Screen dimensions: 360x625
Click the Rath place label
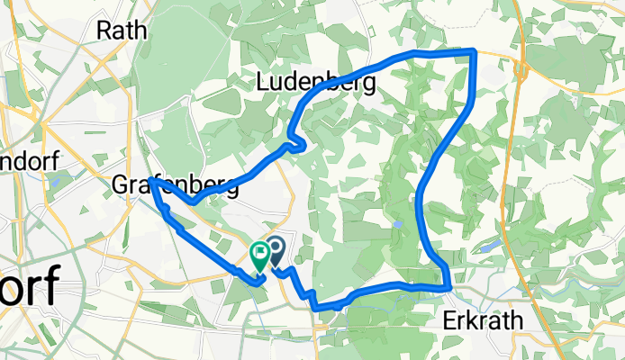coord(122,30)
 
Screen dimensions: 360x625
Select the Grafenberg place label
coord(176,185)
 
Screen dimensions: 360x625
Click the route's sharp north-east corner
coord(475,52)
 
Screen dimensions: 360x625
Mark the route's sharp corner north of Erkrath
coord(448,287)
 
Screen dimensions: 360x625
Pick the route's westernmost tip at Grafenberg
coord(151,181)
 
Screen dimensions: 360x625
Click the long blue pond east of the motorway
coord(491,246)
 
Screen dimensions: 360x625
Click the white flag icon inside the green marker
coord(260,252)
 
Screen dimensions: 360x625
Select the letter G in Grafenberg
coord(120,185)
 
